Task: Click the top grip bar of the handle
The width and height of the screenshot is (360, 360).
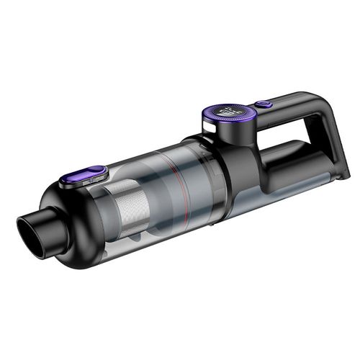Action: [x=288, y=108]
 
